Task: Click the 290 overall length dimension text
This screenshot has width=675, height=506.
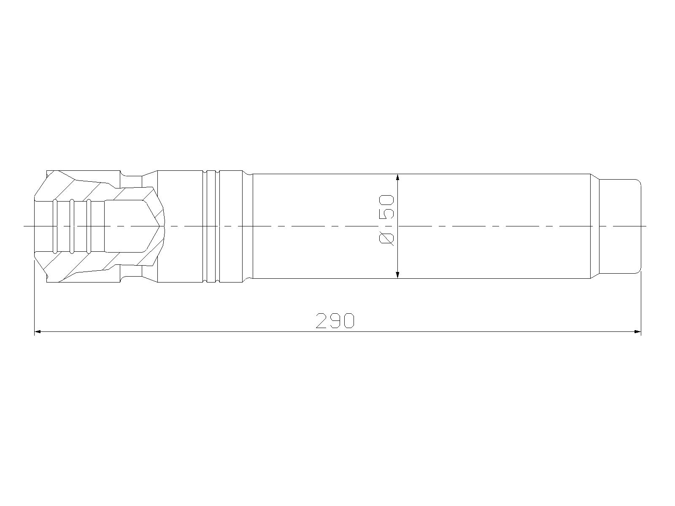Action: [x=335, y=321]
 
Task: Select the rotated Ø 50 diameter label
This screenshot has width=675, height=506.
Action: [x=387, y=220]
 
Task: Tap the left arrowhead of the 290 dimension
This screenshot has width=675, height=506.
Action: [x=38, y=332]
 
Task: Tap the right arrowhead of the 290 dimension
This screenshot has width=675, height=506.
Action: [x=638, y=332]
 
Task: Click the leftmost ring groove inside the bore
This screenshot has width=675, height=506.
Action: [x=55, y=226]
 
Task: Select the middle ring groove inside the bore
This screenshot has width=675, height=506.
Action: [x=72, y=226]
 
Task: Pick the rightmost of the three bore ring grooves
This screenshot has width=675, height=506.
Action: [x=89, y=226]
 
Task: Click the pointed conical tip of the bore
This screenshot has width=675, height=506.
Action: [x=159, y=226]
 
